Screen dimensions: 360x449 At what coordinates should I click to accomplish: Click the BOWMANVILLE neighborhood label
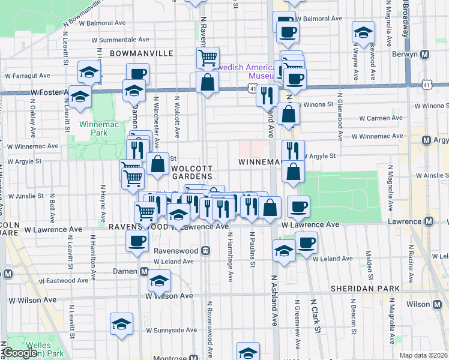(x=141, y=53)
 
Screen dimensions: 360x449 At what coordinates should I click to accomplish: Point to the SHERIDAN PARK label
(x=366, y=289)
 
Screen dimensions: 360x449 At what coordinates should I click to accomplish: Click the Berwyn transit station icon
(x=425, y=55)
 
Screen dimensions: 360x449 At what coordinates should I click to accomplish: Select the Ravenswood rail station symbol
(x=205, y=250)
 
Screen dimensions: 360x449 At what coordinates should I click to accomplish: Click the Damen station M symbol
(x=144, y=271)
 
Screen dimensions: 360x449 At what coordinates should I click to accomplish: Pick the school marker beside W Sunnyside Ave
(x=121, y=323)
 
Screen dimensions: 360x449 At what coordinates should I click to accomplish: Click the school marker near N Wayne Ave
(x=363, y=32)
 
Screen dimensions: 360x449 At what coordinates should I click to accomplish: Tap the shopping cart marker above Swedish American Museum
(x=208, y=58)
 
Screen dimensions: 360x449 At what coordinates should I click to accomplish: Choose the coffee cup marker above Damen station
(x=137, y=241)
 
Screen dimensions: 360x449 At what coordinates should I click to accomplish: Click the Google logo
(x=20, y=353)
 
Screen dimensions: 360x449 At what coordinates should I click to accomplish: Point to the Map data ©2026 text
(x=423, y=355)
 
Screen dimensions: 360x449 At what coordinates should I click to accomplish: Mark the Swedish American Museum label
(x=243, y=71)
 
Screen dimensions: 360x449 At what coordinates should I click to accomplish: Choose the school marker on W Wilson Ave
(x=159, y=281)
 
